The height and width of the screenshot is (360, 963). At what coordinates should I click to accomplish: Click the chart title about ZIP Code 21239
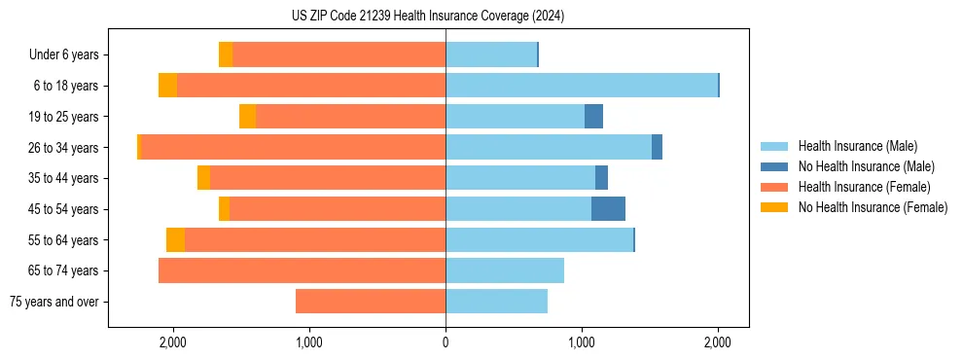pos(427,16)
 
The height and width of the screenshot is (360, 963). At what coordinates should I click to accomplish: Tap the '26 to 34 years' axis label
pos(63,148)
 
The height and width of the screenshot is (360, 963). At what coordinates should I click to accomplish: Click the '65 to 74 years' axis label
pos(63,270)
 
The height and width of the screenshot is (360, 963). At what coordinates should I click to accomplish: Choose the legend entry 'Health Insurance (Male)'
pos(857,146)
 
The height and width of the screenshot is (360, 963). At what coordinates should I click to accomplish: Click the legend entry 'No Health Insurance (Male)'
pos(866,166)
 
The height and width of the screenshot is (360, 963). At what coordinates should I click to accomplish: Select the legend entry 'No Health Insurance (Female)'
pos(872,207)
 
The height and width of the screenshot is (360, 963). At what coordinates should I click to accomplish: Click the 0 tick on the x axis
pos(446,342)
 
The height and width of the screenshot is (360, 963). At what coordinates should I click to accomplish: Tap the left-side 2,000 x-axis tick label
pos(173,342)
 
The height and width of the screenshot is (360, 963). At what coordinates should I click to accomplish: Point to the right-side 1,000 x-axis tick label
pos(582,342)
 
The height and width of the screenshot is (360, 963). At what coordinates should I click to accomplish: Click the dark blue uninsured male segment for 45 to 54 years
pos(608,209)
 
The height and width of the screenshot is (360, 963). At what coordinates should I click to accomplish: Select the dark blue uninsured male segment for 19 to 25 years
pos(593,117)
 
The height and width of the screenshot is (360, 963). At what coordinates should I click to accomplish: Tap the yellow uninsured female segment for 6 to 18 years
pos(167,86)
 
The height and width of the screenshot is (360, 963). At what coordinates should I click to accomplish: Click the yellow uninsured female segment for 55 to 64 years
pos(175,240)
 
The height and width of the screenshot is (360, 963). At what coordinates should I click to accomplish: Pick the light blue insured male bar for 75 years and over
pos(496,302)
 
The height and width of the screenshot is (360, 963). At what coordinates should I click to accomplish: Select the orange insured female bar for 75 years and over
pos(371,302)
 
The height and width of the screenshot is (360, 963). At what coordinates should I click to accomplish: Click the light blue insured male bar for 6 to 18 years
pos(582,86)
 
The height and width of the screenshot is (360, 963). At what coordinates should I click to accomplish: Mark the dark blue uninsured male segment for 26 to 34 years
pos(657,148)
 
